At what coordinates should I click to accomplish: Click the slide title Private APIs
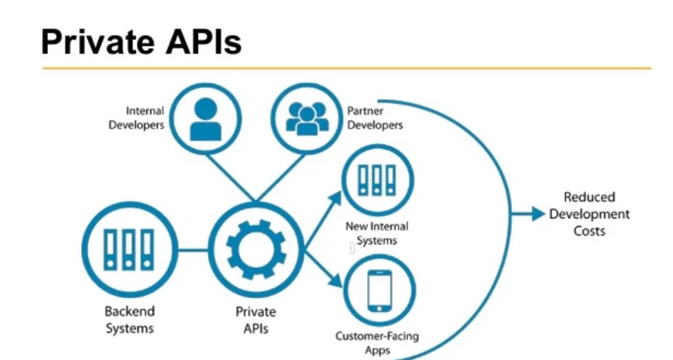click(x=140, y=42)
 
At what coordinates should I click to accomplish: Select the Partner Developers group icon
click(x=305, y=117)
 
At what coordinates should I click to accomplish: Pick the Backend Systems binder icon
click(x=129, y=250)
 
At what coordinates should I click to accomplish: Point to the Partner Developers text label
click(x=375, y=118)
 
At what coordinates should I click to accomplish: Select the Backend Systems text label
click(x=130, y=320)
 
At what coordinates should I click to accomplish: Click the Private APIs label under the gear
click(x=255, y=320)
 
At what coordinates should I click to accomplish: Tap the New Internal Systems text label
click(x=377, y=233)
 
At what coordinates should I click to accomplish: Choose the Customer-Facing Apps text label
click(x=377, y=343)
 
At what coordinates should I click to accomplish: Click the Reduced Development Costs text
click(x=589, y=214)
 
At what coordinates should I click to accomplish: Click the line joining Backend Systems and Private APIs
click(x=193, y=250)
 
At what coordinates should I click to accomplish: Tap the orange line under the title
click(x=346, y=68)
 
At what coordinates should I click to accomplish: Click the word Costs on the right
click(x=589, y=231)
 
